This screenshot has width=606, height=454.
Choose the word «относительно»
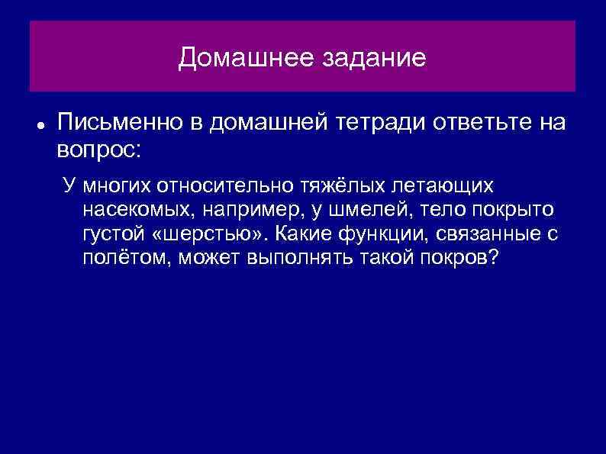click(x=216, y=185)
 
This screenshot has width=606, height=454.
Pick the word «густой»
click(x=114, y=234)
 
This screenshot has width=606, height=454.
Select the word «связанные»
click(x=492, y=234)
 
